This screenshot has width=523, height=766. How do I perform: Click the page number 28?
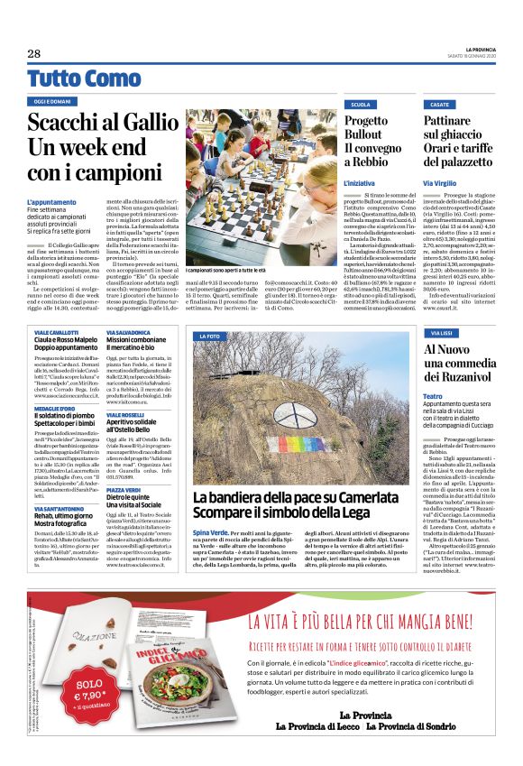coord(33,53)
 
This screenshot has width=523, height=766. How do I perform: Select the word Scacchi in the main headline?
coord(69,124)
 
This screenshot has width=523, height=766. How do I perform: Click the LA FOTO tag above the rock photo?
coord(211,337)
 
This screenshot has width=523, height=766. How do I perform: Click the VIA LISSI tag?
coord(442,333)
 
